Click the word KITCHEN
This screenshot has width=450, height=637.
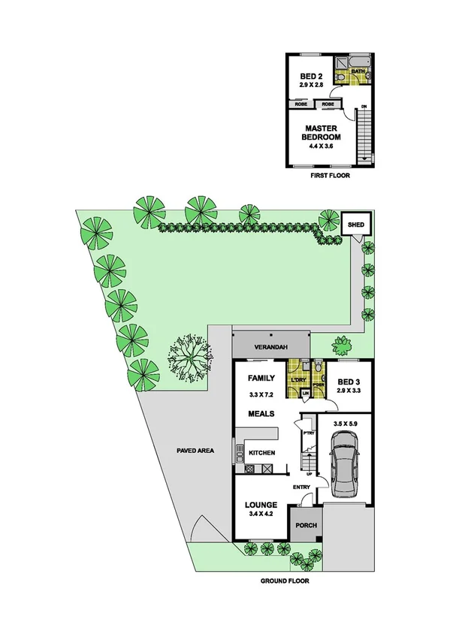tap(262, 452)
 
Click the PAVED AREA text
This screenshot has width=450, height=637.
tap(195, 451)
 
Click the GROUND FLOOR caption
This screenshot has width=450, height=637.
tap(285, 581)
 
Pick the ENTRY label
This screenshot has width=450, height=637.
tap(302, 487)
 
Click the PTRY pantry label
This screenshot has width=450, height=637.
tap(308, 433)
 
